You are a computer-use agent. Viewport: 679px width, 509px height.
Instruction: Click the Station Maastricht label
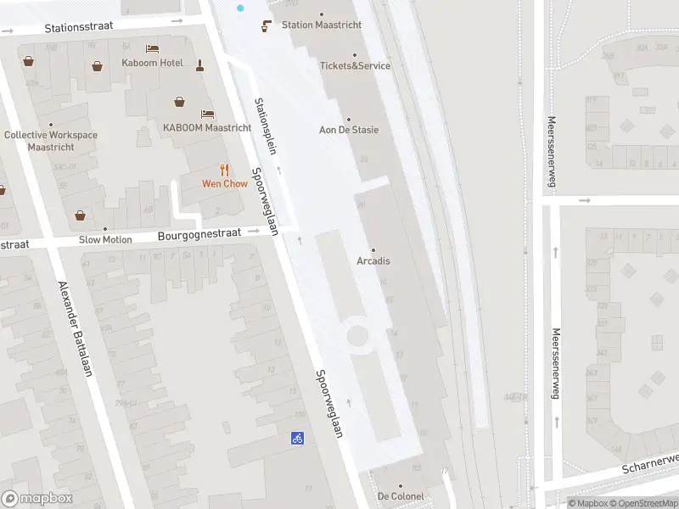pos(321,25)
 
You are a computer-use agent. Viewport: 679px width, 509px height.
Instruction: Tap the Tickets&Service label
pos(355,65)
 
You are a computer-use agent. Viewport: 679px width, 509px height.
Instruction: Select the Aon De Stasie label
pos(348,130)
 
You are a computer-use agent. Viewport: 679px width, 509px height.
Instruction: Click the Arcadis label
pos(373,260)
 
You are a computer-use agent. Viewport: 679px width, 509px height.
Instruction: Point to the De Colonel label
pos(400,496)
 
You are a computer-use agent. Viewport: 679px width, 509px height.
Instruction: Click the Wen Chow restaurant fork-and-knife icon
pos(224,170)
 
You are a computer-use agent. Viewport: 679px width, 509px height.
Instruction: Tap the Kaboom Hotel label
pos(151,63)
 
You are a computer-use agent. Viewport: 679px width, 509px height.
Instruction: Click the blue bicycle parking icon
pos(297,438)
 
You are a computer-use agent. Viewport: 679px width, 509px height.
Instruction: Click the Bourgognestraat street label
pos(199,232)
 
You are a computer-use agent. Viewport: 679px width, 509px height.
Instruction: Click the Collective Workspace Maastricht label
pos(51,141)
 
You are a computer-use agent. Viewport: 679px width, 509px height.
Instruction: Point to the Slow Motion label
pos(105,239)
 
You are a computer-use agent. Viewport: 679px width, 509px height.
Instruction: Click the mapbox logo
pos(37,498)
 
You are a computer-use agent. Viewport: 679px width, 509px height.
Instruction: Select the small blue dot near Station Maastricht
pos(240,8)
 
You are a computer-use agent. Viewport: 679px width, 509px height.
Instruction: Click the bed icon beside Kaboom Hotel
pos(152,48)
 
